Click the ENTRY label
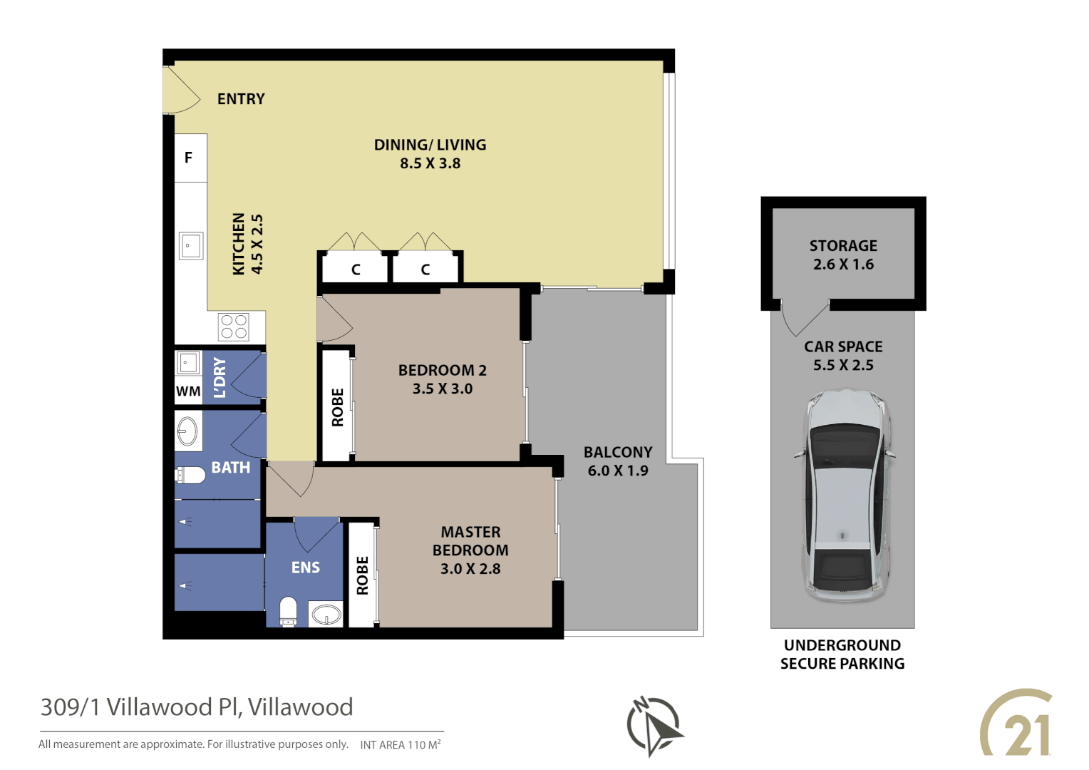tap(241, 99)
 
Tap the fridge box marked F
tap(189, 158)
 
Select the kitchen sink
tap(190, 246)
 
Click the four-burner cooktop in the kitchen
tap(234, 327)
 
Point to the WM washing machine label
tap(188, 391)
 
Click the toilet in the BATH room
tap(190, 475)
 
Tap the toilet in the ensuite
tap(288, 612)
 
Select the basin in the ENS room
tap(326, 614)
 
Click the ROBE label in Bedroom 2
tap(338, 407)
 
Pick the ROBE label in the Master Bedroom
tap(362, 575)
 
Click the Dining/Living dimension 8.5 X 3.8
tap(430, 163)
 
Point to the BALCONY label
tap(618, 452)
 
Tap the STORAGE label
tap(843, 245)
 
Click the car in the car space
tap(844, 496)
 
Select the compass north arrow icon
tap(654, 725)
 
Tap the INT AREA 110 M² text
tap(401, 744)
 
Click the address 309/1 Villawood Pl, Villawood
tap(197, 707)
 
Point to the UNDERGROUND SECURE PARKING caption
tap(842, 654)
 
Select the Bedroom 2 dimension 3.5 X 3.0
tap(442, 389)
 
